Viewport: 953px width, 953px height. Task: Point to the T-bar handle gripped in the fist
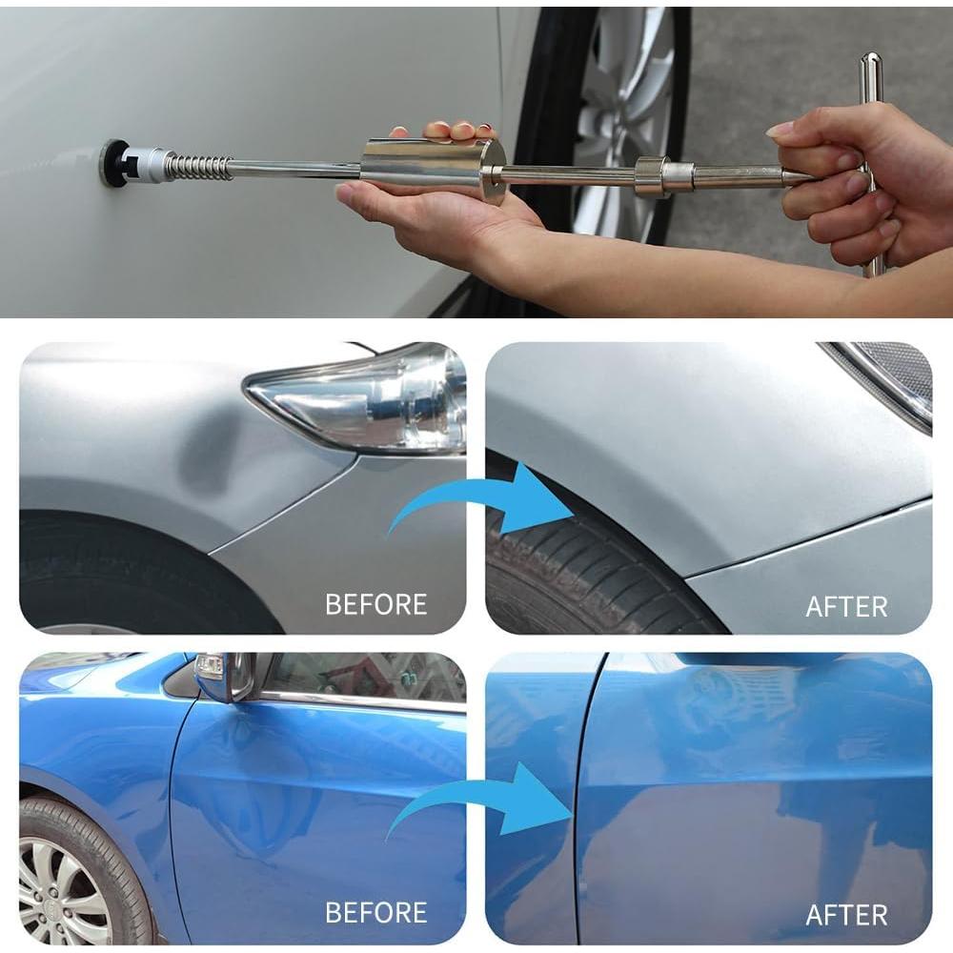point(871,162)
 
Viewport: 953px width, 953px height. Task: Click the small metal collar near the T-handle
point(653,175)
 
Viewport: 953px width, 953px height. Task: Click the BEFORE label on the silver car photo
point(375,604)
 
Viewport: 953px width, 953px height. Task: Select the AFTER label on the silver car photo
point(846,606)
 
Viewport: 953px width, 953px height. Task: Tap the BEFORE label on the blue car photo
point(375,912)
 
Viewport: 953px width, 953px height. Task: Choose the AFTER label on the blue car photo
point(846,915)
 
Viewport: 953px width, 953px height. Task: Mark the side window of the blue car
point(362,679)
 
